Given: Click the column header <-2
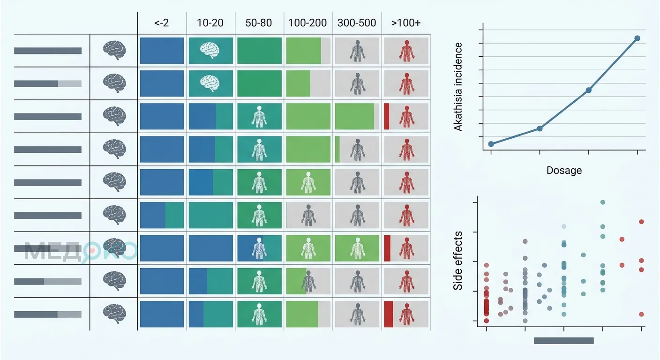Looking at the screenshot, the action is pos(161,22).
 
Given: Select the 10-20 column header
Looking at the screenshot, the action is pos(210,22).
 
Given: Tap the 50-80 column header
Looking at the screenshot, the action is pos(259,22).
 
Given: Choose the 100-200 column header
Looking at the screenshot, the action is pos(307,22).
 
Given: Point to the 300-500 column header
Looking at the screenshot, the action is pos(357,22).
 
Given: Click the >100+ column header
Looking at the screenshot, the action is pos(406,22).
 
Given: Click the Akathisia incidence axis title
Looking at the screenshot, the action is pos(458,87).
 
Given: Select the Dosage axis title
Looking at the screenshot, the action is pos(564,170).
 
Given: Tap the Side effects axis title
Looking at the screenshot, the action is pos(457,261).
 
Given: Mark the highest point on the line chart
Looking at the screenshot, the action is pos(637,38).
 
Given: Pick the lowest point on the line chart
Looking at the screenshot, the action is pos(491,144).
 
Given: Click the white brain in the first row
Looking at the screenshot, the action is pos(210,50).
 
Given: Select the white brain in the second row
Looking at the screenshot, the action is pos(210,83).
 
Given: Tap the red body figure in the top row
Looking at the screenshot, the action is pos(406,51).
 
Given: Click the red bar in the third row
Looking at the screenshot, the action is pos(387,116).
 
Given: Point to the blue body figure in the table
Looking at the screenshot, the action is pos(259,248).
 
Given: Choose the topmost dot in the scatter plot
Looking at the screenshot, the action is pos(603,202).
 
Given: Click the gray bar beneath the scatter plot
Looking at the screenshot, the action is pos(563,341).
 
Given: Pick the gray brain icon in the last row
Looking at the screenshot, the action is pos(114,314).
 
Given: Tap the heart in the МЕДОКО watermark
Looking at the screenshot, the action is pos(92,251).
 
